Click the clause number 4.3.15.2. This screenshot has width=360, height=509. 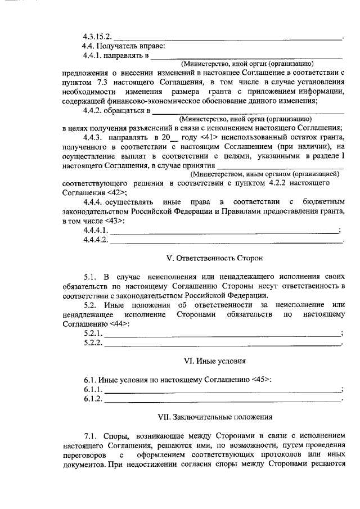(x=97, y=37)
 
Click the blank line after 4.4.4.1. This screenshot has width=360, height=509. (x=224, y=231)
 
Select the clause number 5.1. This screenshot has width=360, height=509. (x=91, y=277)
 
